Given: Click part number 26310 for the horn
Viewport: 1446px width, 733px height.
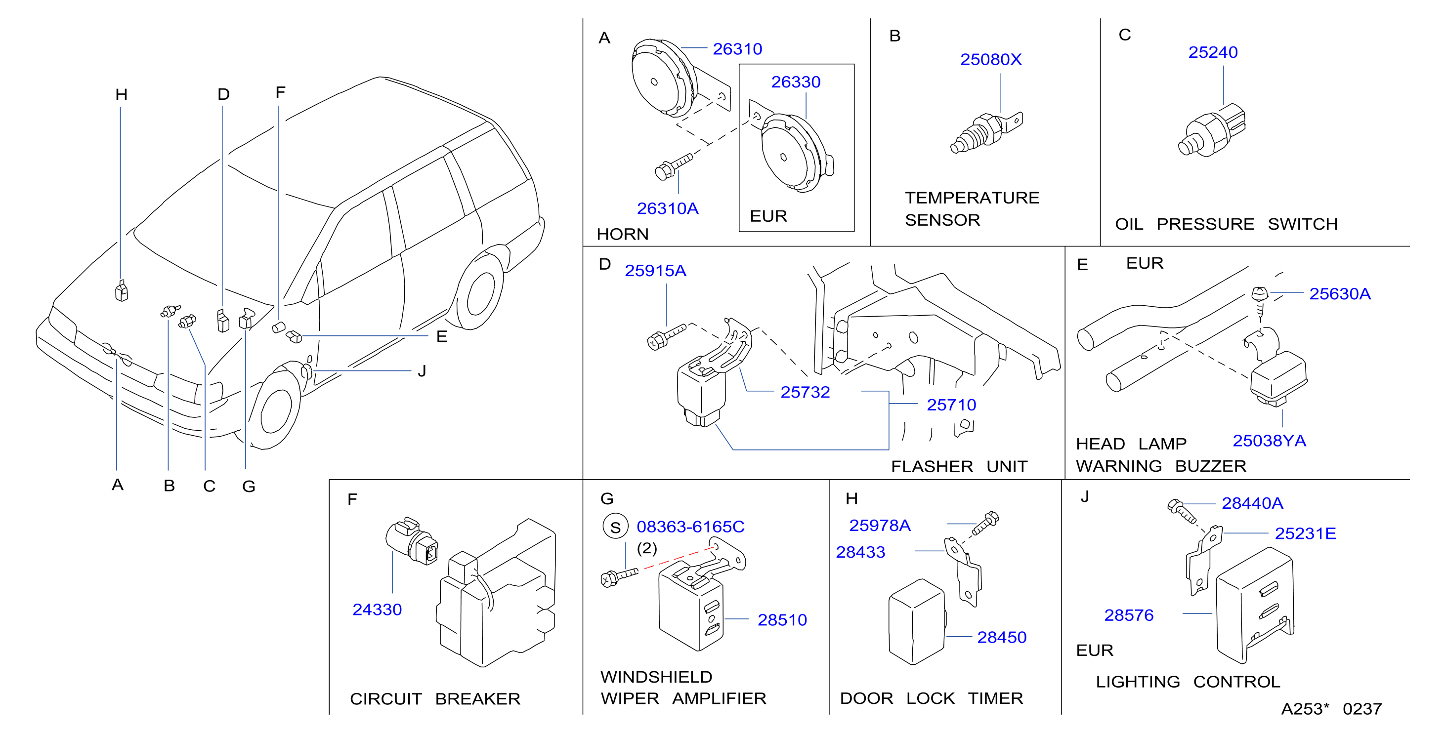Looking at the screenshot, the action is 737,49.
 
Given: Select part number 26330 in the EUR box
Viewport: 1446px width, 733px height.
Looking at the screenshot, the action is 796,82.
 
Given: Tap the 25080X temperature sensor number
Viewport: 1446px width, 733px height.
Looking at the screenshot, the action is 991,59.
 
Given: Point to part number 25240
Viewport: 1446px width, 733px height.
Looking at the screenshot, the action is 1212,52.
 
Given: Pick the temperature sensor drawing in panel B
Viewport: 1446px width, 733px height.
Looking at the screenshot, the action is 986,133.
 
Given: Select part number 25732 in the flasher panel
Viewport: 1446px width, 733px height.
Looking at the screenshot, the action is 805,392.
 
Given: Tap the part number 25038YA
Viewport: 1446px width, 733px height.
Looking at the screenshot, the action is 1269,441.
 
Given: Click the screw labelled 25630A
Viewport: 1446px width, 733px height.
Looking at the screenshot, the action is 1260,301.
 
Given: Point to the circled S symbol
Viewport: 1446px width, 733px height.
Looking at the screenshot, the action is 615,527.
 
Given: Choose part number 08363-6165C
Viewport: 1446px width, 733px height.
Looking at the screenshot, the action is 690,527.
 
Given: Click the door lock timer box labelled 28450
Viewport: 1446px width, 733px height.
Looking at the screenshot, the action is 917,621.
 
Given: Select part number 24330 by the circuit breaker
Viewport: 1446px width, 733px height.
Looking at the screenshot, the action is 377,610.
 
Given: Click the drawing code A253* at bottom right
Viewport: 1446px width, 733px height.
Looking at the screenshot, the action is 1305,709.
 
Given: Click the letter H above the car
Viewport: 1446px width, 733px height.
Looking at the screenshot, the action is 121,94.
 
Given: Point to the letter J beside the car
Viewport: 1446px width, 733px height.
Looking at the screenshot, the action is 422,371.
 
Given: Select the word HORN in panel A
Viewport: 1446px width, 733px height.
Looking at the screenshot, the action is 623,234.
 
